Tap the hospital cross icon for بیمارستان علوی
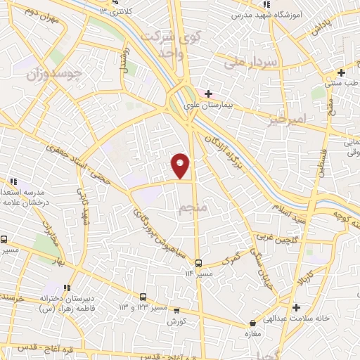pos(208,94)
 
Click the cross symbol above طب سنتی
pos(341,73)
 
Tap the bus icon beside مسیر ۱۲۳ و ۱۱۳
pos(143,297)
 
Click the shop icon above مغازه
pos(252,324)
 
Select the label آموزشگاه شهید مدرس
pos(271,14)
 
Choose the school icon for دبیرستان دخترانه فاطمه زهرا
pos(67,288)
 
